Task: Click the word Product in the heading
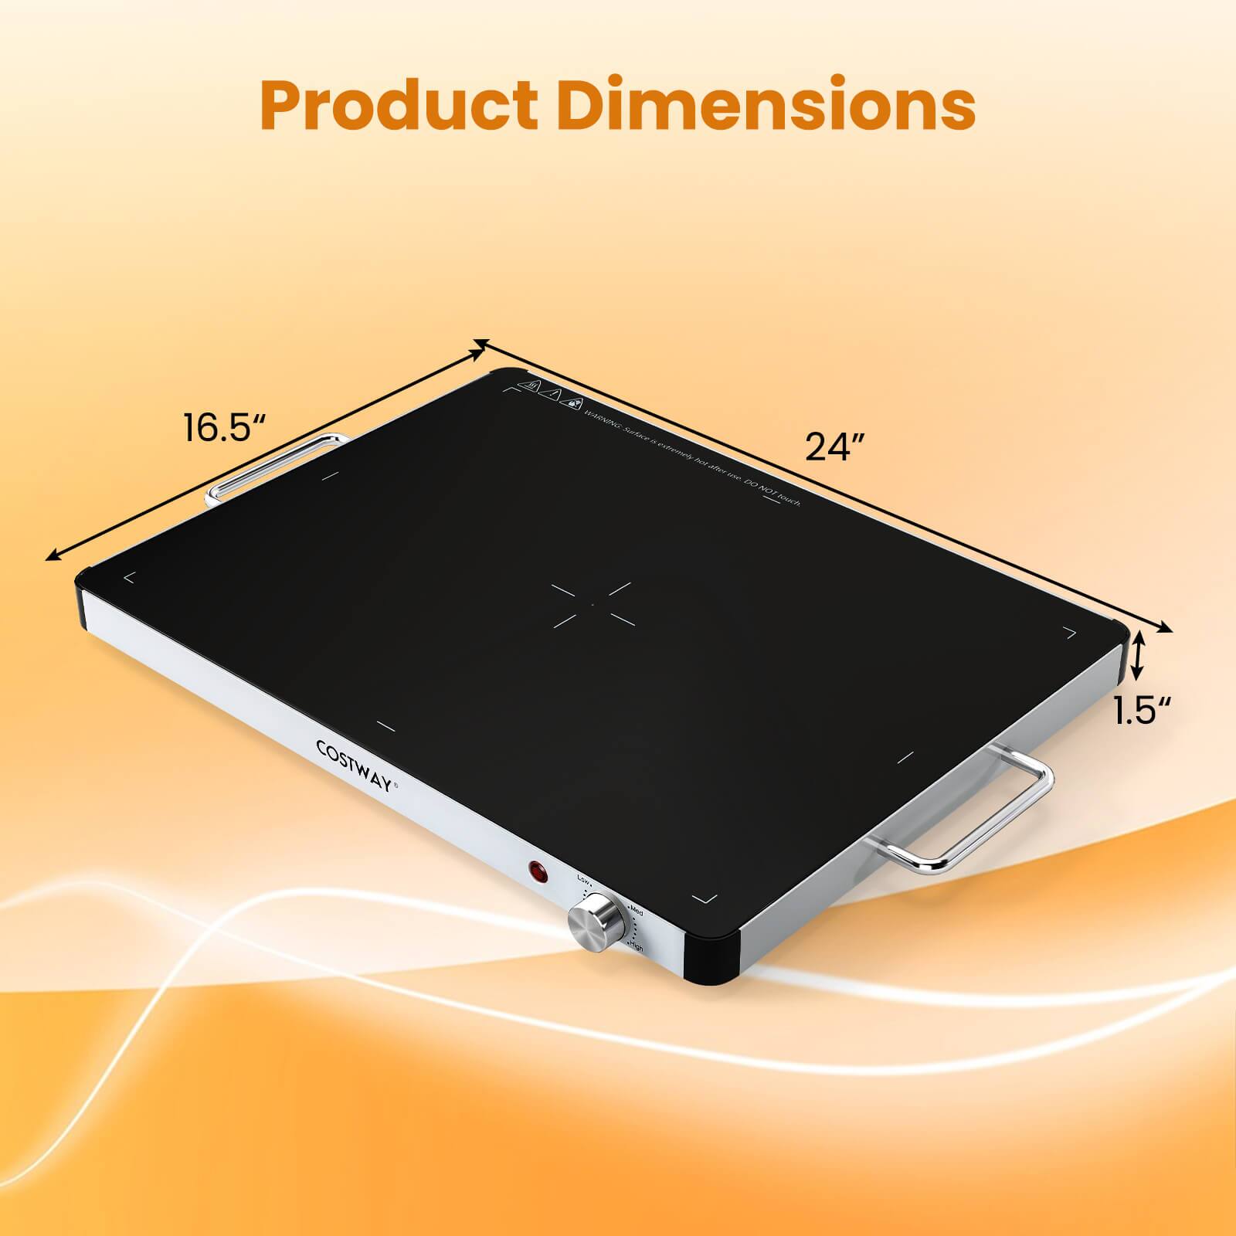399,105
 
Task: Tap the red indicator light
538,872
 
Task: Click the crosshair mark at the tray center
593,603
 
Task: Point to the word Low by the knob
582,879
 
